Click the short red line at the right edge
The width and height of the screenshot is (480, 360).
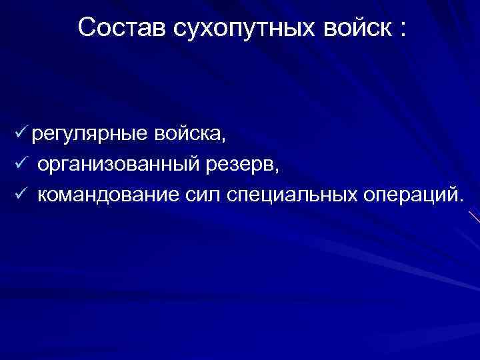click(473, 217)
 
